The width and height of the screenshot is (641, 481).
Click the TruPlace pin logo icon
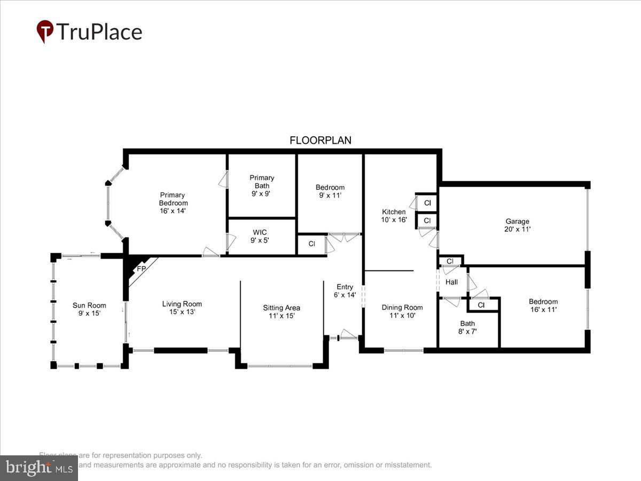point(45,31)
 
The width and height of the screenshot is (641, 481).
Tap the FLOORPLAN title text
point(320,141)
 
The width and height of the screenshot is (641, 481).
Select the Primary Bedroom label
point(173,199)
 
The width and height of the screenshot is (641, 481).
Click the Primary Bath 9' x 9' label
point(262,185)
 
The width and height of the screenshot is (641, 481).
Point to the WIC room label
point(260,236)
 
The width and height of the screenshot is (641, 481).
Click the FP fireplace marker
point(141,269)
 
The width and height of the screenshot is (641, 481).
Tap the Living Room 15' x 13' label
point(182,308)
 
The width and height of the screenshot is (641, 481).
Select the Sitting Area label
point(281,311)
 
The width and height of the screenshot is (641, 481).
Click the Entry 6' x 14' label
point(345,291)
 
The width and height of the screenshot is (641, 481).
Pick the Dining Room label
point(402,311)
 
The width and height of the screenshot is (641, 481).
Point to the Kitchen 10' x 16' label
point(394,215)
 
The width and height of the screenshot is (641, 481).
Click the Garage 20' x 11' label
point(517,225)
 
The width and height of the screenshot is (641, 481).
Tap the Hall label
point(451,282)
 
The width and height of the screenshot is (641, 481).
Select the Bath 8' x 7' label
point(467,327)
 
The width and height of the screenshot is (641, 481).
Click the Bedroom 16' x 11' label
point(543,305)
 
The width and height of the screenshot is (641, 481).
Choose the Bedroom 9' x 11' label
point(330,191)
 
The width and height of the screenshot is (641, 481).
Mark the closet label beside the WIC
point(311,244)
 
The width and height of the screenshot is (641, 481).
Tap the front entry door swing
point(349,335)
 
